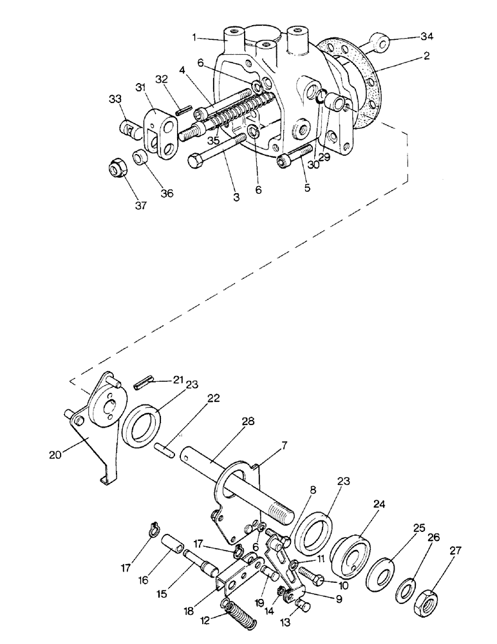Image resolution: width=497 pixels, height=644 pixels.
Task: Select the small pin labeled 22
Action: [165, 450]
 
